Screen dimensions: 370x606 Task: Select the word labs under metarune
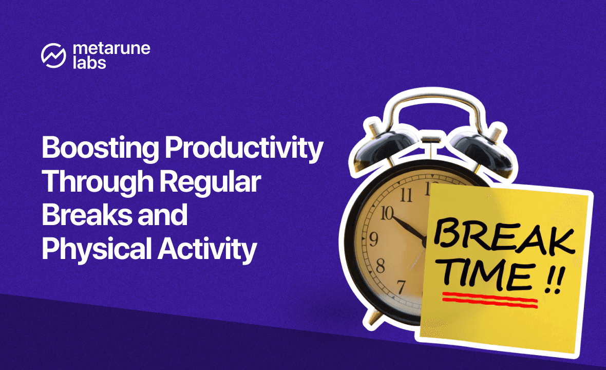coord(89,63)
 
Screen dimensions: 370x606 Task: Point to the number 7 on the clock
coord(401,286)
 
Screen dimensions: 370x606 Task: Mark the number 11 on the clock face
coord(407,195)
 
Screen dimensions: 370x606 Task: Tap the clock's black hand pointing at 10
coord(409,228)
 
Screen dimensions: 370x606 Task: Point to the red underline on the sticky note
coord(490,301)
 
